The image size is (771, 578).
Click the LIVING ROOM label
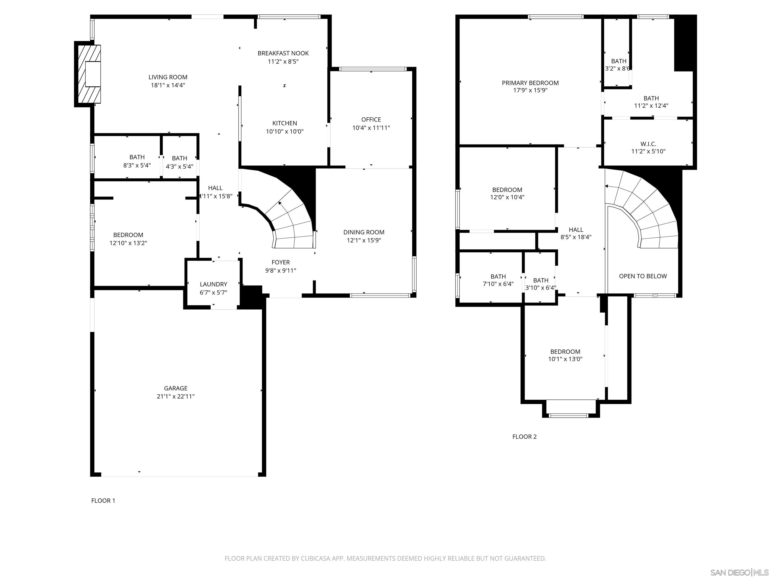[x=168, y=77]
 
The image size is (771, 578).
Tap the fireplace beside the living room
[x=88, y=74]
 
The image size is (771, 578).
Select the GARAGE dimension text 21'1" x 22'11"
[x=176, y=396]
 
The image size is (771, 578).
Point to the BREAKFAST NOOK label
[x=283, y=53]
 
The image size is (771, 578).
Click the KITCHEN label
[x=285, y=123]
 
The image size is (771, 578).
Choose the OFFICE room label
[x=371, y=119]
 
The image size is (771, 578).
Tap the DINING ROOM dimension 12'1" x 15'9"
[x=364, y=240]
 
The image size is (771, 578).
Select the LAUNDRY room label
[x=213, y=284]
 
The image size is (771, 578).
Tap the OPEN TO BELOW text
[x=643, y=276]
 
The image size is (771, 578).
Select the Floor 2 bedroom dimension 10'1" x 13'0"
[x=565, y=359]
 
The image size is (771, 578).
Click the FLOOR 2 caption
[x=524, y=437]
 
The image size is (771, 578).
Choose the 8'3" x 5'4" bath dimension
[x=137, y=165]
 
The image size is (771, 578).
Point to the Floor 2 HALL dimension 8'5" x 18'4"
[x=576, y=237]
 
